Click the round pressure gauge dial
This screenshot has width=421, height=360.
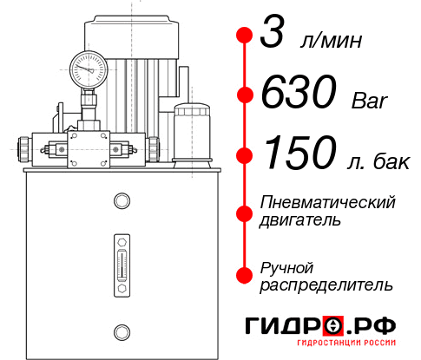pyautogui.click(x=89, y=66)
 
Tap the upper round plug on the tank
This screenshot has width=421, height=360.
pyautogui.click(x=121, y=201)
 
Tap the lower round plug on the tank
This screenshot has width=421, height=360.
pyautogui.click(x=121, y=331)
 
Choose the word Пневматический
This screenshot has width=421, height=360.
pyautogui.click(x=328, y=203)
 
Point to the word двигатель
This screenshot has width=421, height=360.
pyautogui.click(x=300, y=220)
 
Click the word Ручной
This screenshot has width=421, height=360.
pyautogui.click(x=286, y=266)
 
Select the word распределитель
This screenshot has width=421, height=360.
pyautogui.click(x=326, y=284)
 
